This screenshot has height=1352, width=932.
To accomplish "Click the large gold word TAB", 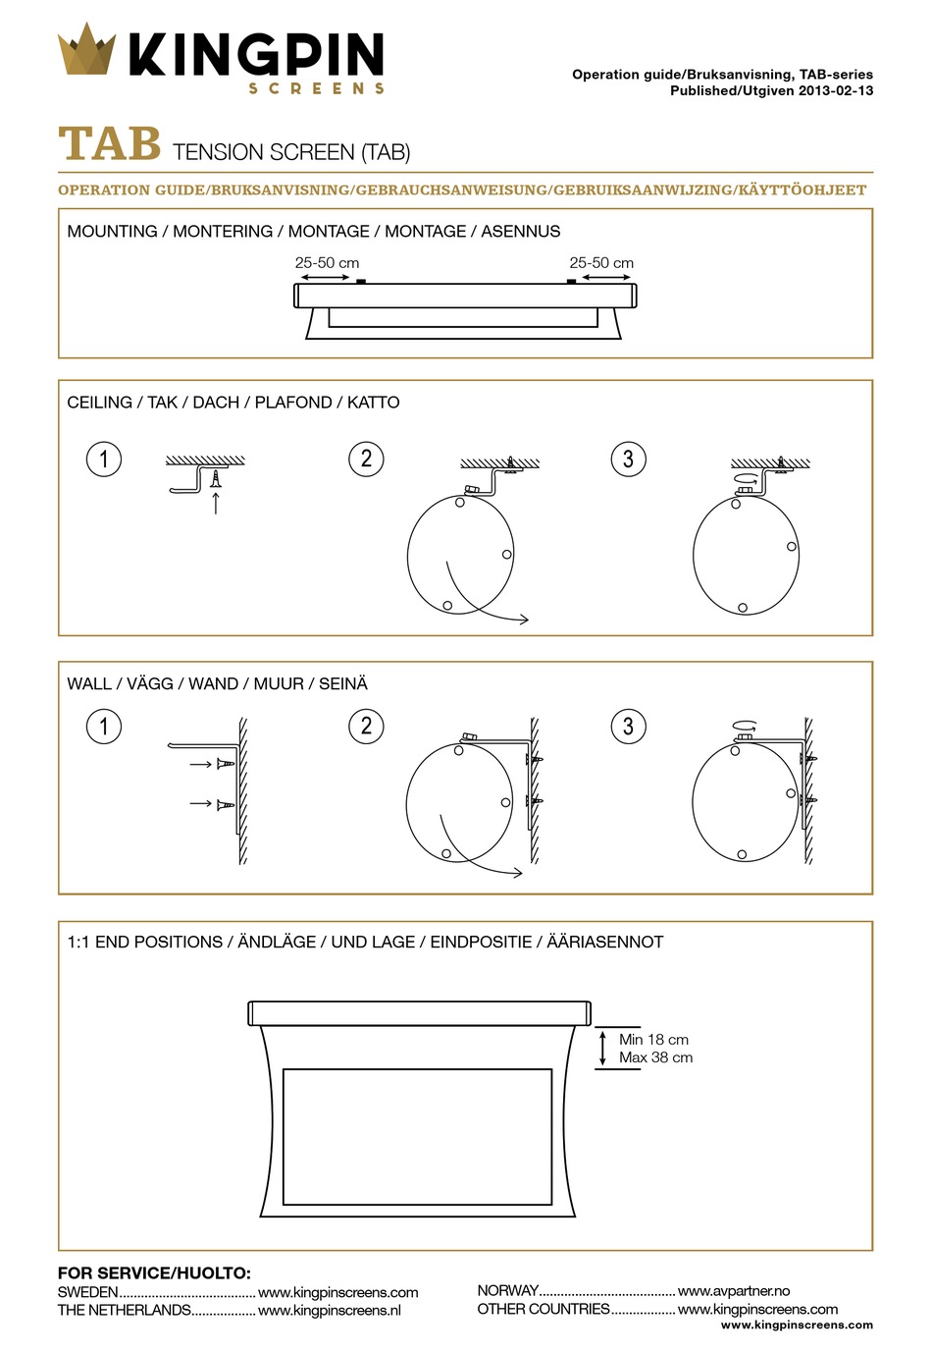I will click(x=109, y=144).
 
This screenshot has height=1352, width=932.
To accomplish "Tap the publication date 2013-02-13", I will click(x=836, y=90).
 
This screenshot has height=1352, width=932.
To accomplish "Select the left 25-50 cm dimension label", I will click(x=327, y=263).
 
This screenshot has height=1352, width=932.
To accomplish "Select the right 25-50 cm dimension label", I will click(x=601, y=263).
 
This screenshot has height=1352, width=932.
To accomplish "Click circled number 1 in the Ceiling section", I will click(x=104, y=459).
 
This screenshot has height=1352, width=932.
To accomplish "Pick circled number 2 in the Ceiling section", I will click(x=366, y=459).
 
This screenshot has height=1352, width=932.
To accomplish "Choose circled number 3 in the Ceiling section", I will click(x=628, y=459).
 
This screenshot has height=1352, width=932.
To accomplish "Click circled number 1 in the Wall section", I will click(x=104, y=727).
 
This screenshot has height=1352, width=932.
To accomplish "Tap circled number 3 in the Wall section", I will click(x=628, y=727).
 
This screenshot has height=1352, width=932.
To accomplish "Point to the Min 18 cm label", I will click(x=653, y=1040).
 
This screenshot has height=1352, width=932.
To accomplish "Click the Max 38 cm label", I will click(x=655, y=1058).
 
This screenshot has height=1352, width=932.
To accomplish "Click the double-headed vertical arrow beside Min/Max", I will click(x=603, y=1049).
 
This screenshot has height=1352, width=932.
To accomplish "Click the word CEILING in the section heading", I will click(x=99, y=403).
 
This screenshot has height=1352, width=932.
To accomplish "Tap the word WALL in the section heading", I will click(x=89, y=683).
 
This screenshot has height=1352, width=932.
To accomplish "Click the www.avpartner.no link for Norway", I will click(x=733, y=1291).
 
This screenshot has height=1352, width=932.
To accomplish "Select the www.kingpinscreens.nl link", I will click(x=330, y=1311).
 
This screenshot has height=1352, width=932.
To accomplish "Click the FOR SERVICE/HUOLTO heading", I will click(x=154, y=1273).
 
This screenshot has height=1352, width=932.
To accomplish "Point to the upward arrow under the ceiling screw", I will click(x=215, y=503).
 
